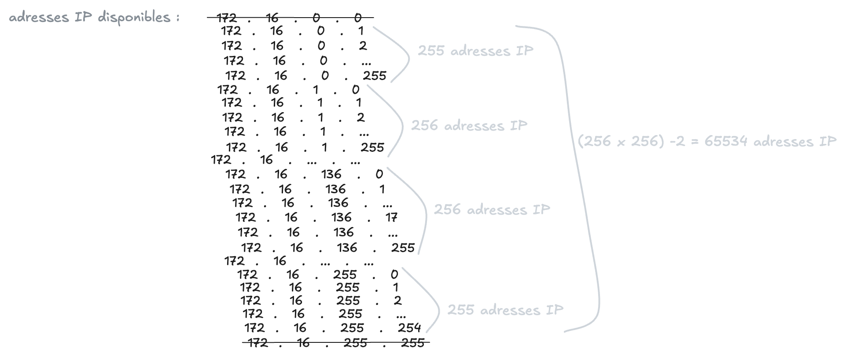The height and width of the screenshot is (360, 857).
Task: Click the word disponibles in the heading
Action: pyautogui.click(x=134, y=18)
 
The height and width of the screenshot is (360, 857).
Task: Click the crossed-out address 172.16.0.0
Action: pyautogui.click(x=290, y=18)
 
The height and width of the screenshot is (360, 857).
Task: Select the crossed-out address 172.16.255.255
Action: pyautogui.click(x=336, y=342)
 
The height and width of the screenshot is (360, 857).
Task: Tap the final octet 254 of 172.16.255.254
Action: pyautogui.click(x=409, y=328)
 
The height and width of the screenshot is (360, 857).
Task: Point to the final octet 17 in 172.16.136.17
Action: pyautogui.click(x=391, y=217)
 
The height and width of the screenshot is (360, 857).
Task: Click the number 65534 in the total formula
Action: pyautogui.click(x=725, y=141)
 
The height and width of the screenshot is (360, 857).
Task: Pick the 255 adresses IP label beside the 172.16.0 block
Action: pyautogui.click(x=475, y=51)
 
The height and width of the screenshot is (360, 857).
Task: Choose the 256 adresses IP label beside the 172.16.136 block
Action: pyautogui.click(x=492, y=209)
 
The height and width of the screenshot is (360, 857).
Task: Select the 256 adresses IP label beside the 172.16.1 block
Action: pyautogui.click(x=469, y=126)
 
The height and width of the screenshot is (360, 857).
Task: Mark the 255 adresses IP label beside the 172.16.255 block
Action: pyautogui.click(x=505, y=310)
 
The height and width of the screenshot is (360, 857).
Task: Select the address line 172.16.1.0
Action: pyautogui.click(x=288, y=90)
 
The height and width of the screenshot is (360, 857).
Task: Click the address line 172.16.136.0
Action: pyautogui.click(x=304, y=174)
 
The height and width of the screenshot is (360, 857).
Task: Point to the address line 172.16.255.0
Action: pyautogui.click(x=317, y=275)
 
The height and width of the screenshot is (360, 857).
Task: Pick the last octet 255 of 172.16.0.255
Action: pyautogui.click(x=375, y=76)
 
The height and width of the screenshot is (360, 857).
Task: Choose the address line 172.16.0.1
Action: pyautogui.click(x=292, y=31)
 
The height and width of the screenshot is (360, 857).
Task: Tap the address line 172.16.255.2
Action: pyautogui.click(x=321, y=301)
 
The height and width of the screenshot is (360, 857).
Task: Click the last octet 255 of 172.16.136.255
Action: pyautogui.click(x=403, y=248)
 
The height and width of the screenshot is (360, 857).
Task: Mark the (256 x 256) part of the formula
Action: pyautogui.click(x=621, y=141)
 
